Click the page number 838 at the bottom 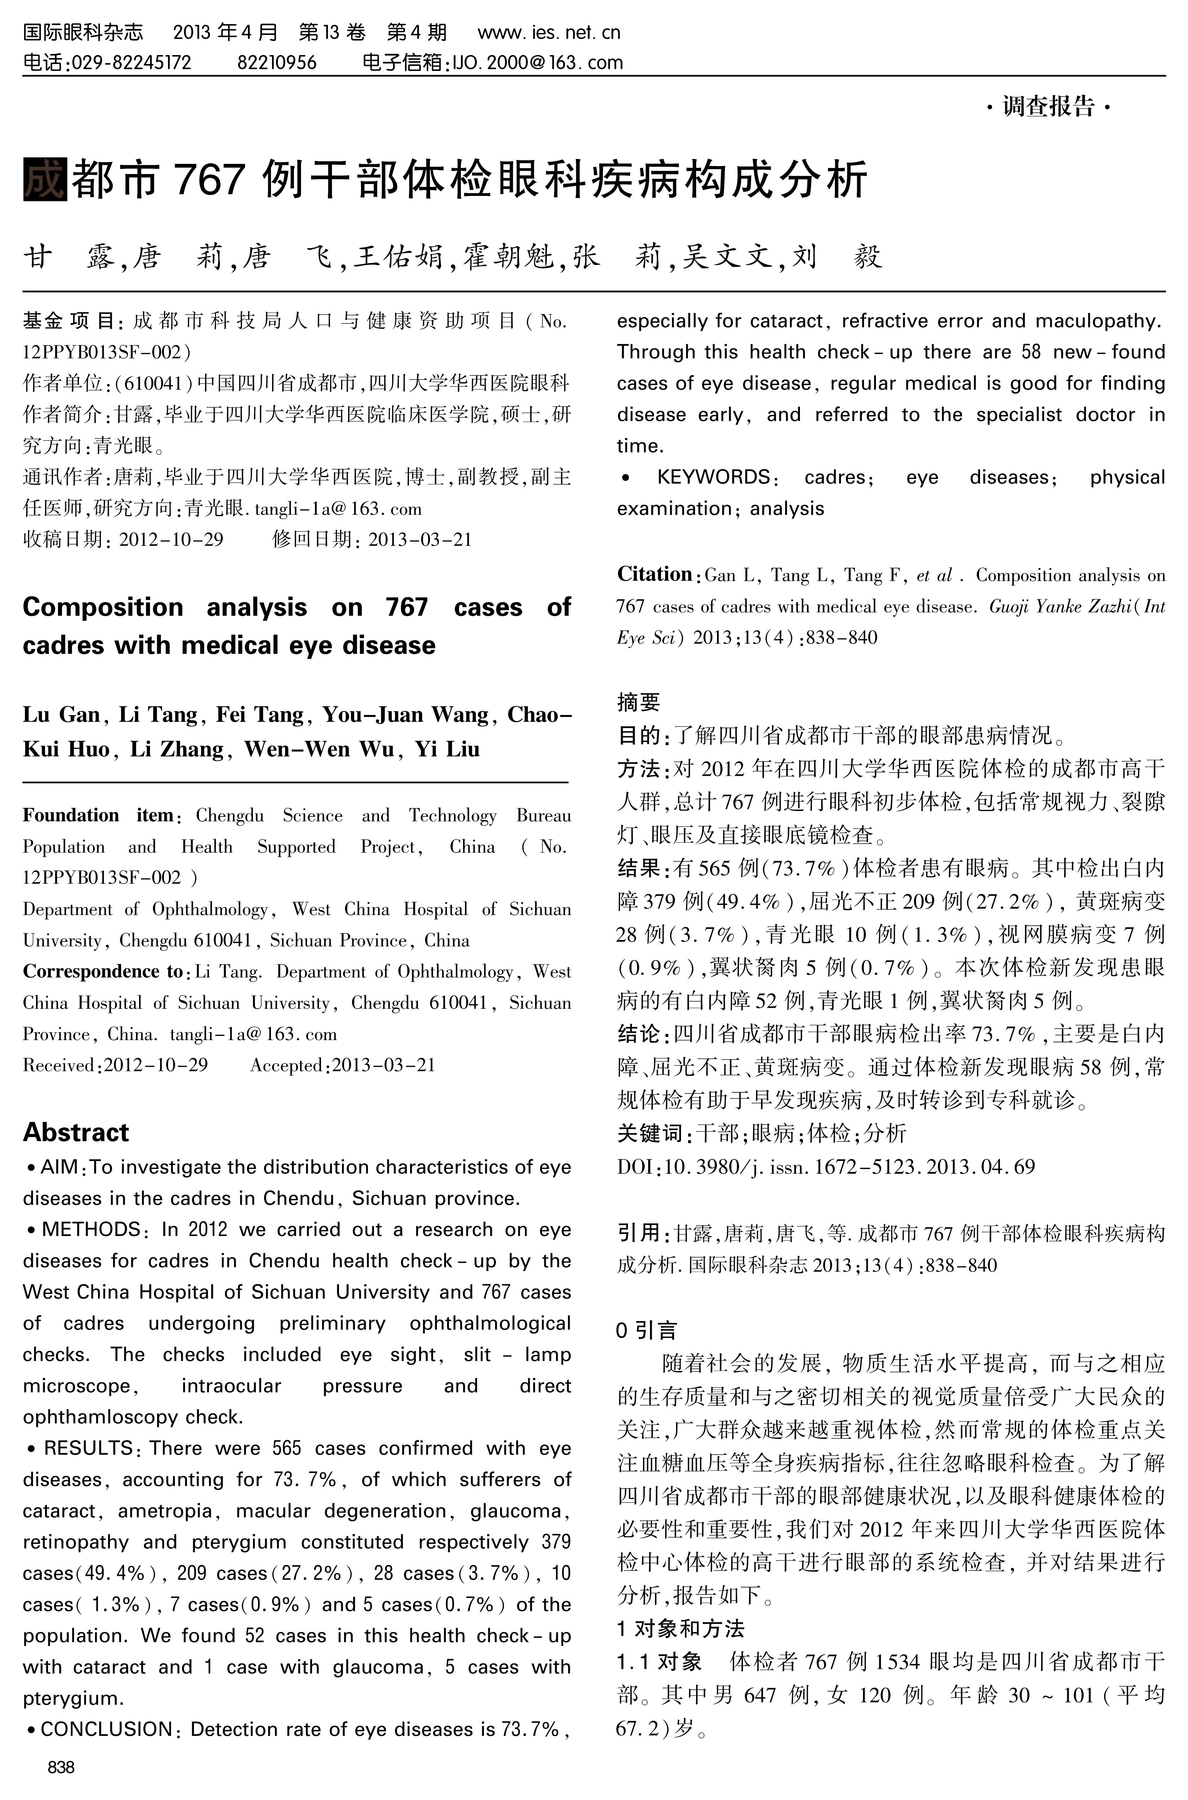(x=61, y=1767)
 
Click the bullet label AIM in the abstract (x=59, y=1167)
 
